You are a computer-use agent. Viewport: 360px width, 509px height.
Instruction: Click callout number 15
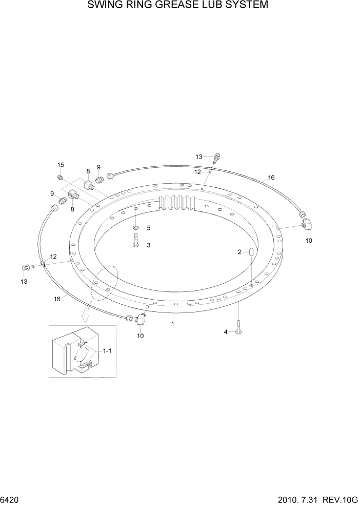[x=61, y=165]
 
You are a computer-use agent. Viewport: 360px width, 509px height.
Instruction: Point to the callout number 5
[x=149, y=228]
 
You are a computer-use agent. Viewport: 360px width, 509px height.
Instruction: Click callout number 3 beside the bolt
[x=149, y=245]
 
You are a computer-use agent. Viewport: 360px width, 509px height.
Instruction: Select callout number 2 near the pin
[x=239, y=252]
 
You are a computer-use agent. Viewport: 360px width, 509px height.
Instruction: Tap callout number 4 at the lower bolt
[x=225, y=332]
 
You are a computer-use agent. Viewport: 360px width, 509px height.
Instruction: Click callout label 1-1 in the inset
[x=107, y=351]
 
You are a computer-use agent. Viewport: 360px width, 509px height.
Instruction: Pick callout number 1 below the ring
[x=173, y=324]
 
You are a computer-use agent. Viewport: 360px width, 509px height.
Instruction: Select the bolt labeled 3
[x=135, y=240]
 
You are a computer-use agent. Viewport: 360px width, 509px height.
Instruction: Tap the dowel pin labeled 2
[x=252, y=252]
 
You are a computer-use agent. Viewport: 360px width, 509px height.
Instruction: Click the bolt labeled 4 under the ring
[x=239, y=327]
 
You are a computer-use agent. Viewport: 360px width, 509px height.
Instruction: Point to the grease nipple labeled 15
[x=60, y=178]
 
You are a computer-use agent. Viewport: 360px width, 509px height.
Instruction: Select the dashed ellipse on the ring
[x=105, y=283]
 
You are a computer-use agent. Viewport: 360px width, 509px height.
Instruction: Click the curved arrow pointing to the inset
[x=85, y=312]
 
